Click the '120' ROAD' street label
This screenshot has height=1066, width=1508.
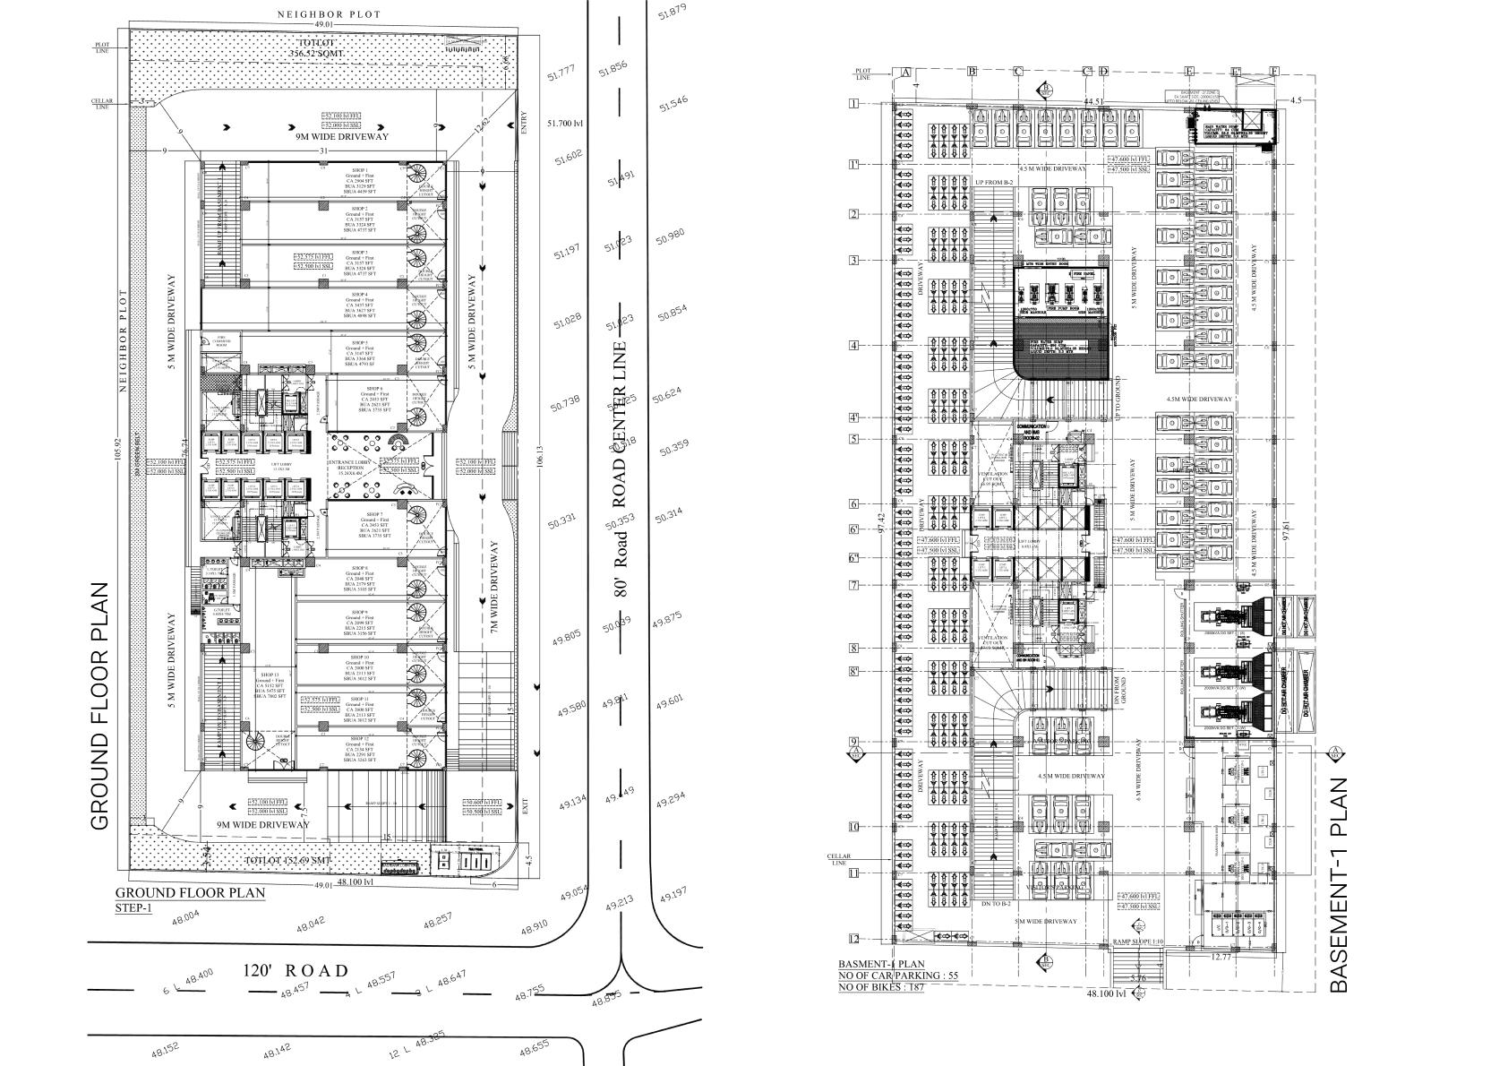pos(296,971)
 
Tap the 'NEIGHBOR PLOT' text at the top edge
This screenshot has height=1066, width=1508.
pos(329,14)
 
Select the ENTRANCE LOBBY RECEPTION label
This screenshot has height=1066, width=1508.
pos(350,466)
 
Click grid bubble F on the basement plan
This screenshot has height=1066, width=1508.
pos(1273,72)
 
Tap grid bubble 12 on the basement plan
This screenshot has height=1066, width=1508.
pos(853,940)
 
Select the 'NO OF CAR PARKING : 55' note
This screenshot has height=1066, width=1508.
pos(894,975)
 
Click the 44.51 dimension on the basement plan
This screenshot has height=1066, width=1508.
pos(1092,102)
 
